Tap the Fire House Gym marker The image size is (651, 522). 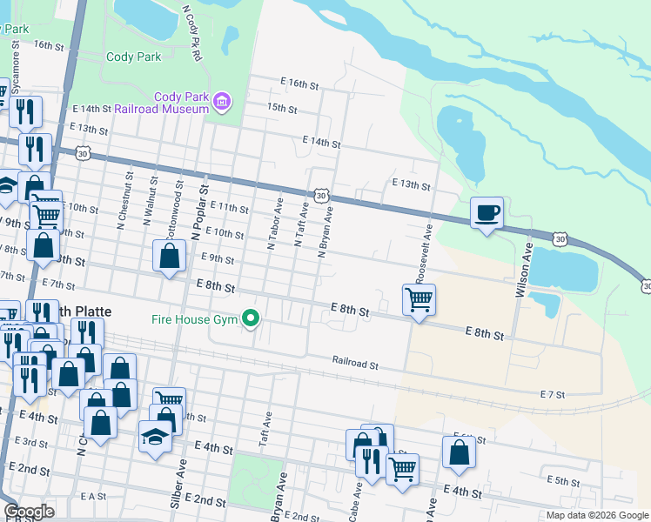click(252, 319)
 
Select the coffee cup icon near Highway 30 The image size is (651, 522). click(487, 212)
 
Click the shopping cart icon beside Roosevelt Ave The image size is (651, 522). click(419, 300)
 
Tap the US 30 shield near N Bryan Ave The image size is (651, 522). click(322, 197)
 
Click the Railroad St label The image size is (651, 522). click(354, 361)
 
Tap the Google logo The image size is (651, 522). click(29, 512)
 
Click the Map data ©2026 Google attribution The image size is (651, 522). click(596, 515)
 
